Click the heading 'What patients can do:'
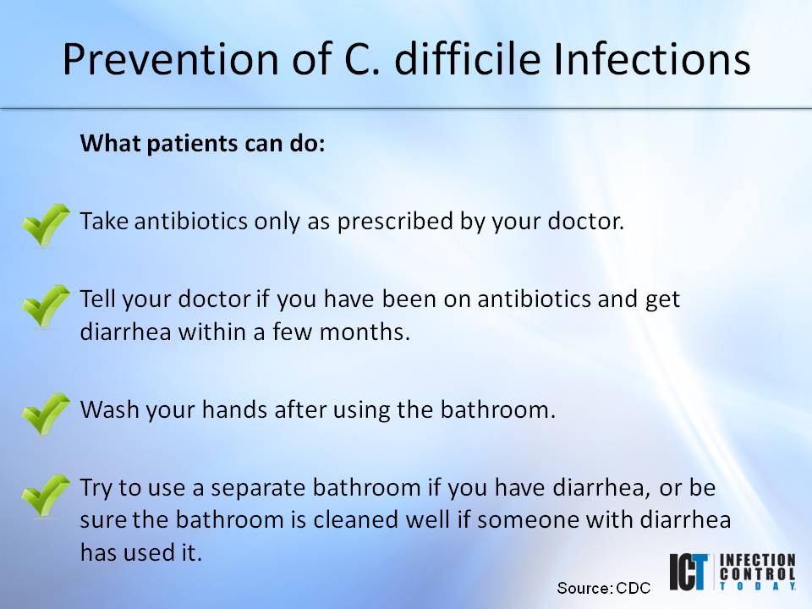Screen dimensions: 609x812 [x=202, y=143]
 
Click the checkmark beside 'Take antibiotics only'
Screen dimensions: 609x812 [x=46, y=225]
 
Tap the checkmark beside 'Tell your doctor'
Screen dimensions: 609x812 [x=46, y=306]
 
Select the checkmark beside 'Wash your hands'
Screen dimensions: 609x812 [x=46, y=414]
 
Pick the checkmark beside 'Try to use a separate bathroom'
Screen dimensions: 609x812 [x=46, y=496]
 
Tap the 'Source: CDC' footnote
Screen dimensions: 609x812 [x=603, y=587]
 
